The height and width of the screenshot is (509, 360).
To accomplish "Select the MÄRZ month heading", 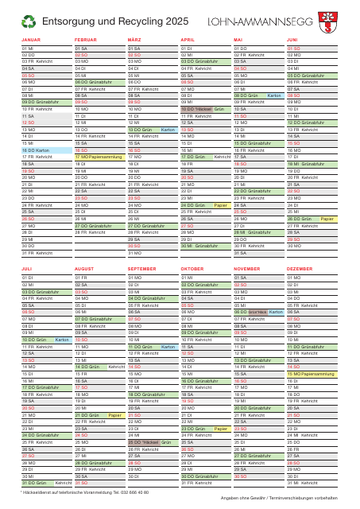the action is (x=134, y=39).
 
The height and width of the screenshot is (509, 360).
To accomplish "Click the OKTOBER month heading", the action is (x=193, y=270).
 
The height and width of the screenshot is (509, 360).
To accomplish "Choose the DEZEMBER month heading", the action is (x=300, y=270).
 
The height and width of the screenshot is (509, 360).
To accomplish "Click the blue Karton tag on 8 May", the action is (x=274, y=95).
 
